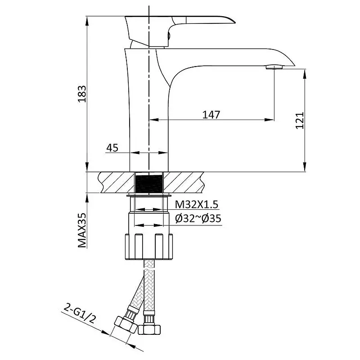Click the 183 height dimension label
pos(82,94)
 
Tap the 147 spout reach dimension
pos(211,115)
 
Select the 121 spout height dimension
pos(300,120)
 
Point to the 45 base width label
pos(112,148)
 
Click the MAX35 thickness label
pos(82,230)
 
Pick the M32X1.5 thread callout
pos(197,204)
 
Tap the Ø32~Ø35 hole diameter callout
pos(198,218)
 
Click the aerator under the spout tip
pos(274,67)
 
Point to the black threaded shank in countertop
pos(149,183)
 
